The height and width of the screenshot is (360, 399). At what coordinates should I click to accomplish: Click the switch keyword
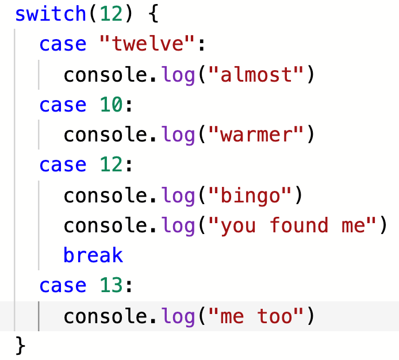50,14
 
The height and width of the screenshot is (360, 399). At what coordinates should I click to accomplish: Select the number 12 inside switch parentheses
109,14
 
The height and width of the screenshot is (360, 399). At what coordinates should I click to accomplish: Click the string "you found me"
293,226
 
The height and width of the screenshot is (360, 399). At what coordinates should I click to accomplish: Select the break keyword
93,256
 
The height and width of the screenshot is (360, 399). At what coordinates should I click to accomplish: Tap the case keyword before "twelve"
63,44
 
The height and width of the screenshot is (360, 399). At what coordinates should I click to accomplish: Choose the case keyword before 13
63,286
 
